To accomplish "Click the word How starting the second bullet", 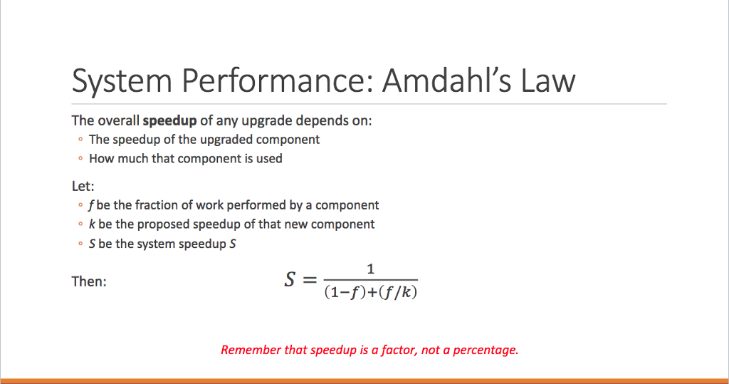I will [x=101, y=159].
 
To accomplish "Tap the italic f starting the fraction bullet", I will [x=91, y=205].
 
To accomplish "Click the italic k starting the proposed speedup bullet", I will [x=92, y=224].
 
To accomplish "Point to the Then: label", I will [x=89, y=281].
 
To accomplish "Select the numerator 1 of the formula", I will [x=370, y=269].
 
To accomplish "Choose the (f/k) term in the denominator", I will [x=397, y=292].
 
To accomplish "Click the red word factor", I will [x=398, y=350].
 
